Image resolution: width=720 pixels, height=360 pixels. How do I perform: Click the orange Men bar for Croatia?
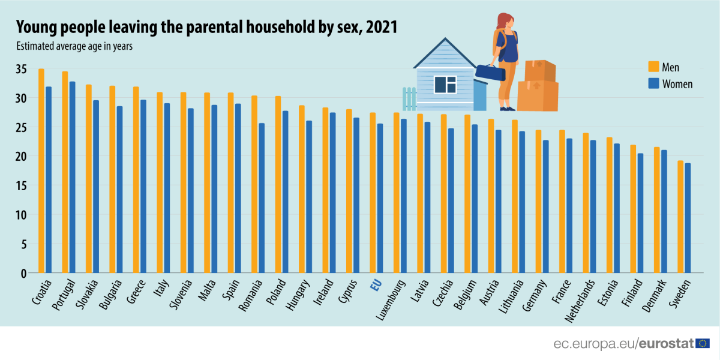[x=41, y=171]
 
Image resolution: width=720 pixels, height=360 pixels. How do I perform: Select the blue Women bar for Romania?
[x=262, y=198]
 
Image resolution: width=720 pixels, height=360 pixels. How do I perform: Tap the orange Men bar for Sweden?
[x=680, y=217]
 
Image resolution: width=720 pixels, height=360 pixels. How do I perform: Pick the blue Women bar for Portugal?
[x=73, y=177]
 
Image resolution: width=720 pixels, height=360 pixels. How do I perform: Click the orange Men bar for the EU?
[x=373, y=193]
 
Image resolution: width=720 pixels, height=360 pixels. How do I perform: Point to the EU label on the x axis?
[x=376, y=285]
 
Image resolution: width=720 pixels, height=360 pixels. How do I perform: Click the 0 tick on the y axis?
[x=24, y=274]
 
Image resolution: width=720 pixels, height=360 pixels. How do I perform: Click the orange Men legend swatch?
[x=653, y=67]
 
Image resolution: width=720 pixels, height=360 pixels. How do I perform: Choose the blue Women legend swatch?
[x=653, y=83]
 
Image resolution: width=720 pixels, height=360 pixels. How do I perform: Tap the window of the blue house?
[x=445, y=85]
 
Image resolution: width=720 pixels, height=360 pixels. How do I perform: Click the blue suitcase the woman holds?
[x=490, y=73]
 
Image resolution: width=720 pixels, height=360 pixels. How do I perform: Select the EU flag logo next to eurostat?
[x=703, y=343]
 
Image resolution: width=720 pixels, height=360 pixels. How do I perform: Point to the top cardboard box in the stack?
[x=539, y=70]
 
